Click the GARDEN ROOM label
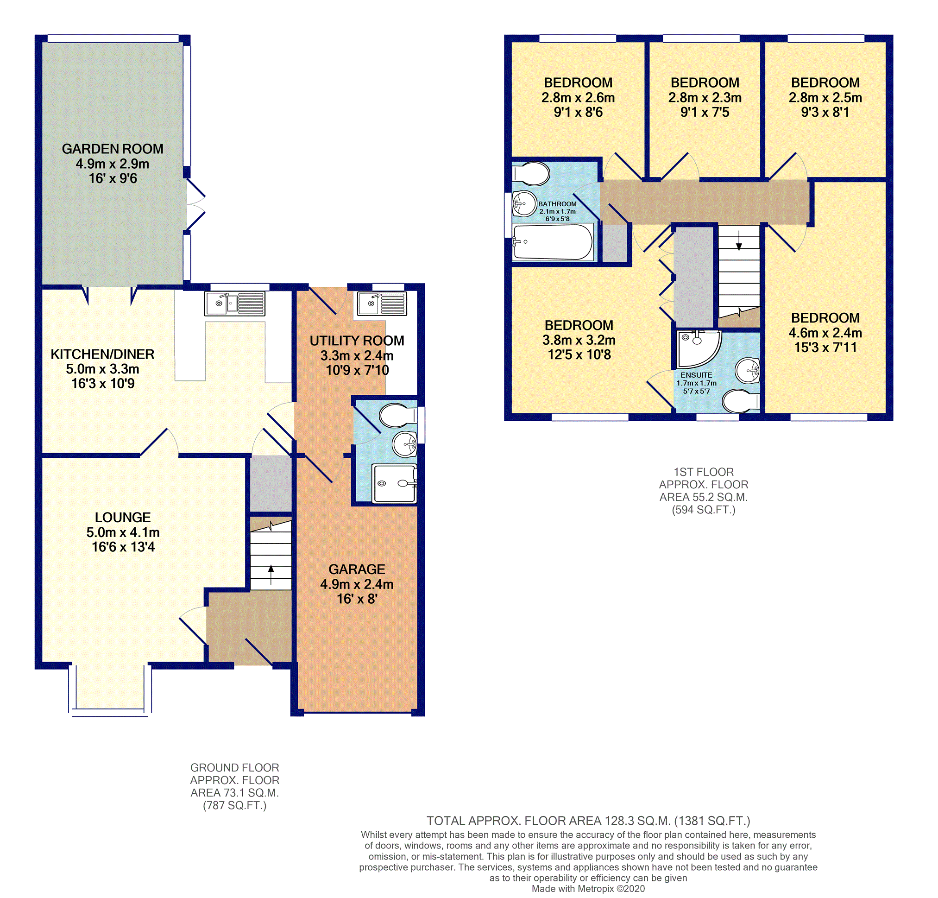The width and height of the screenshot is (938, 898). (x=113, y=149)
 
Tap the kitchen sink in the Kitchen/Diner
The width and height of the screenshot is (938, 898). (x=234, y=304)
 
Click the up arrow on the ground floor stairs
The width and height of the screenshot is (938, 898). (x=271, y=575)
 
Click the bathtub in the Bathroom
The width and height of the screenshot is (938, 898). (x=553, y=242)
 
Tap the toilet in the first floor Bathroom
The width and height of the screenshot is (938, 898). (x=531, y=174)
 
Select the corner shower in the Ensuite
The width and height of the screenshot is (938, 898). (x=699, y=348)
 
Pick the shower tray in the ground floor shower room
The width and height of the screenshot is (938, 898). (x=394, y=483)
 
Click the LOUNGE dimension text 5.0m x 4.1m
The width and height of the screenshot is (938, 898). (x=123, y=532)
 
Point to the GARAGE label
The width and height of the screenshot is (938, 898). (x=357, y=569)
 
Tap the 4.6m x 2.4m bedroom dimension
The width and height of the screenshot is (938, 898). (x=825, y=333)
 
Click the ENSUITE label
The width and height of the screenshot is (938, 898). (x=696, y=375)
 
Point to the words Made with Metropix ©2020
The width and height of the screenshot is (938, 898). (x=588, y=889)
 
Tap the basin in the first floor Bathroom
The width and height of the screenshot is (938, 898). (x=524, y=204)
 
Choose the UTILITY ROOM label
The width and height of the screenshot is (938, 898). (x=357, y=341)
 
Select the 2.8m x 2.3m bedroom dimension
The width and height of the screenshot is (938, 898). (x=705, y=98)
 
